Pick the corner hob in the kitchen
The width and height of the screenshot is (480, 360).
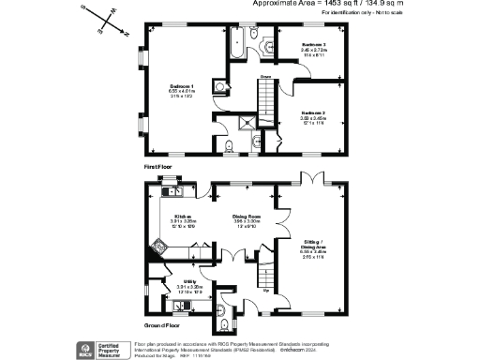point(160,247)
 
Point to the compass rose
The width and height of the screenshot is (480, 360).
point(97,19)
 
